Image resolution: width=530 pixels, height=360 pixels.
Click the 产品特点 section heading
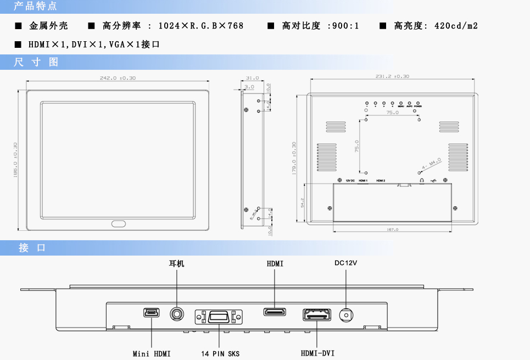coord(35,7)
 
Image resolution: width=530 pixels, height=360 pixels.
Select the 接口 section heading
coord(32,248)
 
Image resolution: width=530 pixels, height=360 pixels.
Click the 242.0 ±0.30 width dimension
coord(118,78)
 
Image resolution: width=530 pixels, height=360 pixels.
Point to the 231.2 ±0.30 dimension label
coord(392,76)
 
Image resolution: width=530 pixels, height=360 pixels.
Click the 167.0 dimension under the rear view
coord(393,229)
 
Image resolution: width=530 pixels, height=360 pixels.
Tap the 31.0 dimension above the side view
coord(252,78)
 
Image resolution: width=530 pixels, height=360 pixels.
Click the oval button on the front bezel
coord(118,224)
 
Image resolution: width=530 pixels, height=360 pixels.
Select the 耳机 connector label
coord(176,264)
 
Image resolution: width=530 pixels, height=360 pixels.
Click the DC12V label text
coord(346,263)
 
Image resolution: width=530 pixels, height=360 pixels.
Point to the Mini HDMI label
coord(152,353)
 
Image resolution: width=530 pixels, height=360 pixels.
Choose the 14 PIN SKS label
coord(219,353)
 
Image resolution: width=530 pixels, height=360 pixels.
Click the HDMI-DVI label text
coord(317,353)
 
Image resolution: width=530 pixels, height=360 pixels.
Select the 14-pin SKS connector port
coord(219,317)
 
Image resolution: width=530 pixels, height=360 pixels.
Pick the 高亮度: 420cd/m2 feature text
coord(436,26)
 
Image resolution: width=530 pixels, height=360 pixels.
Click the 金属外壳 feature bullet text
coord(48,26)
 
